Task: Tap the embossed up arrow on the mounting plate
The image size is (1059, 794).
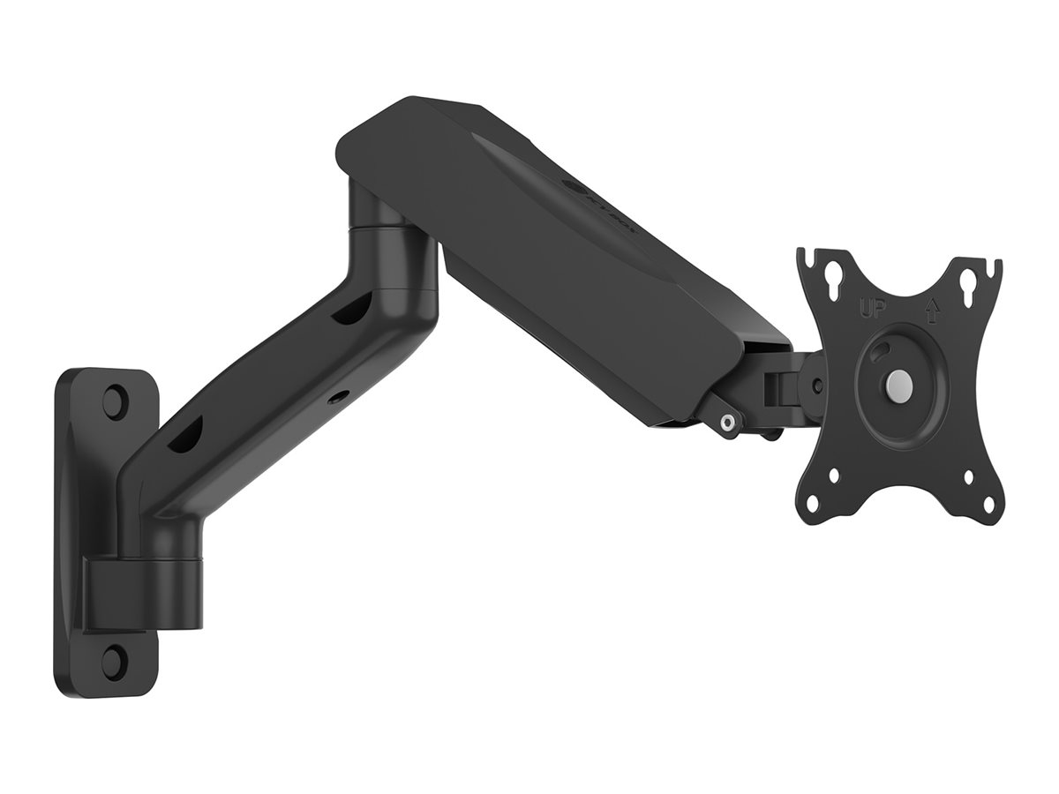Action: coord(930,311)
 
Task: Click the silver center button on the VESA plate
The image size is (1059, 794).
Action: coord(897,384)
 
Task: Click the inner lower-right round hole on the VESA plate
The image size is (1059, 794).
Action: coord(968,477)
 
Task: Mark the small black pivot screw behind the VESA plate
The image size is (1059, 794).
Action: coord(818,386)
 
